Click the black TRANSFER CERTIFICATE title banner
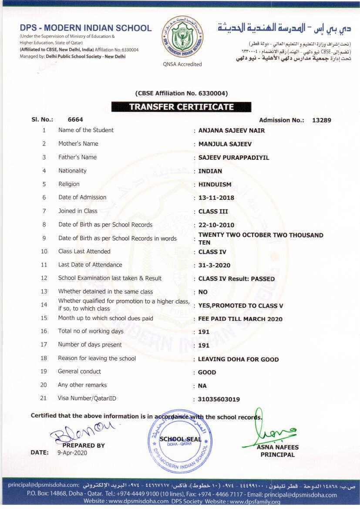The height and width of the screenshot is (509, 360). tap(181, 107)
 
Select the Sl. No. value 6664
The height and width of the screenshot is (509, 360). tap(75, 119)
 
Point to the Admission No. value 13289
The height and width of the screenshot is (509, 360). tap(321, 120)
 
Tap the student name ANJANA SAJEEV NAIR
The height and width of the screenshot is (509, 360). tap(231, 131)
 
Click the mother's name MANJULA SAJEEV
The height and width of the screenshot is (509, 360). tap(225, 144)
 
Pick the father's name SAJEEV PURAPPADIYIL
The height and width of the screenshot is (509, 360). tap(233, 158)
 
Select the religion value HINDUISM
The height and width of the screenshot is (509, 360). tap(215, 185)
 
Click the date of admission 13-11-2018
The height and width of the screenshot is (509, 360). tap(216, 198)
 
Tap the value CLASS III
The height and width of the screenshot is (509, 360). tap(213, 212)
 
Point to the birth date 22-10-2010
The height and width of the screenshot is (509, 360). tap(216, 225)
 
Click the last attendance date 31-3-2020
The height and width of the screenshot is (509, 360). tap(214, 265)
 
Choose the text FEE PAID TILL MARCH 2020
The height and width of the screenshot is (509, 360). tap(240, 319)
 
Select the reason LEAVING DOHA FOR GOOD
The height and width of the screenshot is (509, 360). tap(238, 359)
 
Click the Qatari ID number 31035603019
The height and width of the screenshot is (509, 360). tap(219, 399)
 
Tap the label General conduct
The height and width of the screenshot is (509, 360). tap(79, 371)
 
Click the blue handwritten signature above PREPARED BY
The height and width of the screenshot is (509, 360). tap(83, 431)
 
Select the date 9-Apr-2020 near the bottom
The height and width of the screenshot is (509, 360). tap(72, 452)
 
